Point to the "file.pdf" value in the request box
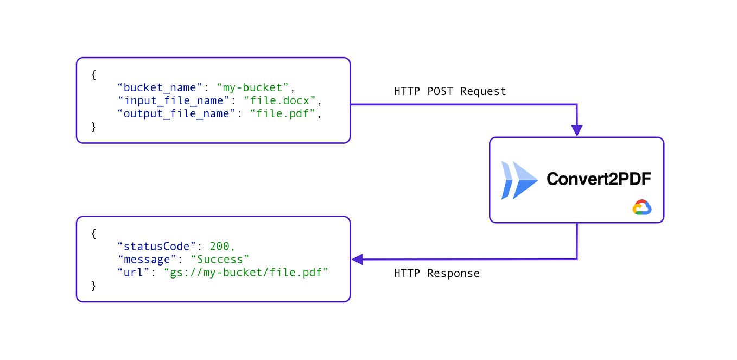point(282,114)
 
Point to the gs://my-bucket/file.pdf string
point(246,273)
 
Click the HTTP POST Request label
point(450,91)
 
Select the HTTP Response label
point(437,273)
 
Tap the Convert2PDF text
point(598,179)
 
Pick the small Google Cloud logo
point(642,207)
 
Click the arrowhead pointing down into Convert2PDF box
point(576,130)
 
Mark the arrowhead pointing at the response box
point(358,260)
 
